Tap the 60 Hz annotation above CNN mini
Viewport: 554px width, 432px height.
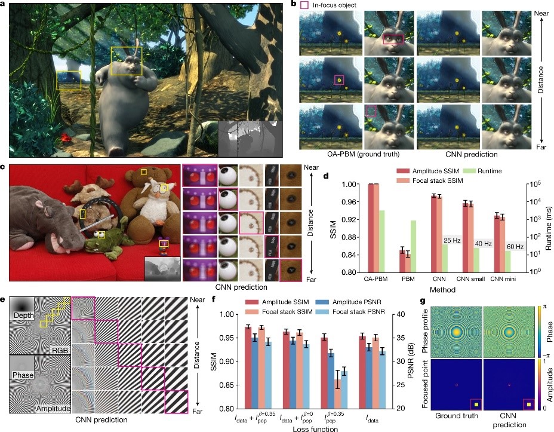(515, 246)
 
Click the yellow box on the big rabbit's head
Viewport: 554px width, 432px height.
(126, 62)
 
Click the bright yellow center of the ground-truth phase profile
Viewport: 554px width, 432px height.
(457, 330)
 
